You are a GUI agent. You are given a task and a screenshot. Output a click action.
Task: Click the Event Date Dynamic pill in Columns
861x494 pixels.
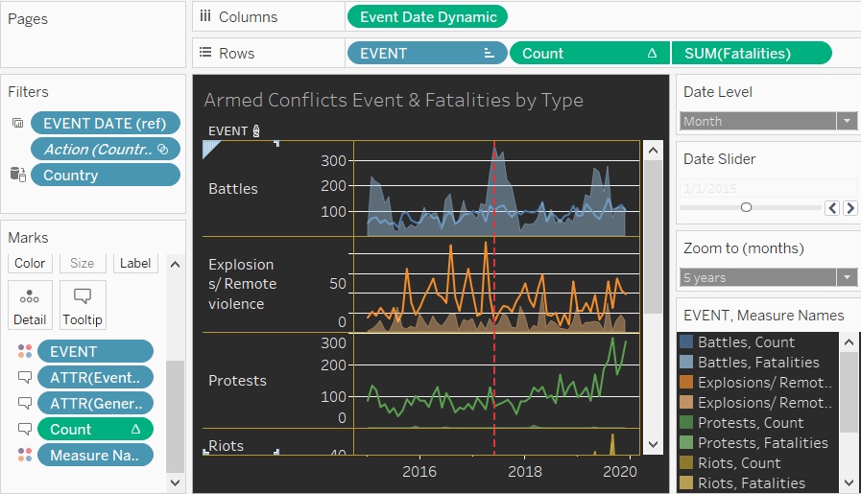coord(427,16)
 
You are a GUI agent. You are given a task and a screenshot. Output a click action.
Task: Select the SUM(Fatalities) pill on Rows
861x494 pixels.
coord(751,53)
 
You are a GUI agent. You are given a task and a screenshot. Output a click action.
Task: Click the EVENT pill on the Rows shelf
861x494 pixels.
coord(425,53)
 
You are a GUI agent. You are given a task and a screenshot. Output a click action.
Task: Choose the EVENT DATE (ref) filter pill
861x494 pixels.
coord(105,123)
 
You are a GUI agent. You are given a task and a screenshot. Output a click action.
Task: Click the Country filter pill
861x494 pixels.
coord(105,175)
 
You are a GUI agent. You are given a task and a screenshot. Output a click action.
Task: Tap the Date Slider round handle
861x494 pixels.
coord(746,207)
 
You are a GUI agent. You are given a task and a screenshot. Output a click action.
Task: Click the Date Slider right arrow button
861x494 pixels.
coord(850,207)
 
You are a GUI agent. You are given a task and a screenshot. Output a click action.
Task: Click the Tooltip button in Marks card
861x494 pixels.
coord(83,305)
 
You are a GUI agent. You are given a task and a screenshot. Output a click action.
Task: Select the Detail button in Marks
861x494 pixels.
coord(30,305)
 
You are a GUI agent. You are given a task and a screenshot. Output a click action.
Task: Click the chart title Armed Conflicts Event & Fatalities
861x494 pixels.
coord(394,100)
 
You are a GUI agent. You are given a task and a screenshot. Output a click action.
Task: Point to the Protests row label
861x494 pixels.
coord(237,381)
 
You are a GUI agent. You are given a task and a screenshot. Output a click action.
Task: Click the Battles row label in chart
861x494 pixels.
coord(233,189)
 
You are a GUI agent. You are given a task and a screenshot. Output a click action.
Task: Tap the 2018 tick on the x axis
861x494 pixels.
coord(524,471)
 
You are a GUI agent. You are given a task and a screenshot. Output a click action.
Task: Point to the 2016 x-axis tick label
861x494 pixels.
coord(419,471)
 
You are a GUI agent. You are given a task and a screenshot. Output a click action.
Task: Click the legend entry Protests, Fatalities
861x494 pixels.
coord(762,443)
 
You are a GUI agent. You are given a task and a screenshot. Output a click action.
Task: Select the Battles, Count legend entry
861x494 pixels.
coord(746,342)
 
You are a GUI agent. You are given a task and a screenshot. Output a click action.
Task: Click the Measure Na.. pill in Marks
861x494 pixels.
coord(95,455)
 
